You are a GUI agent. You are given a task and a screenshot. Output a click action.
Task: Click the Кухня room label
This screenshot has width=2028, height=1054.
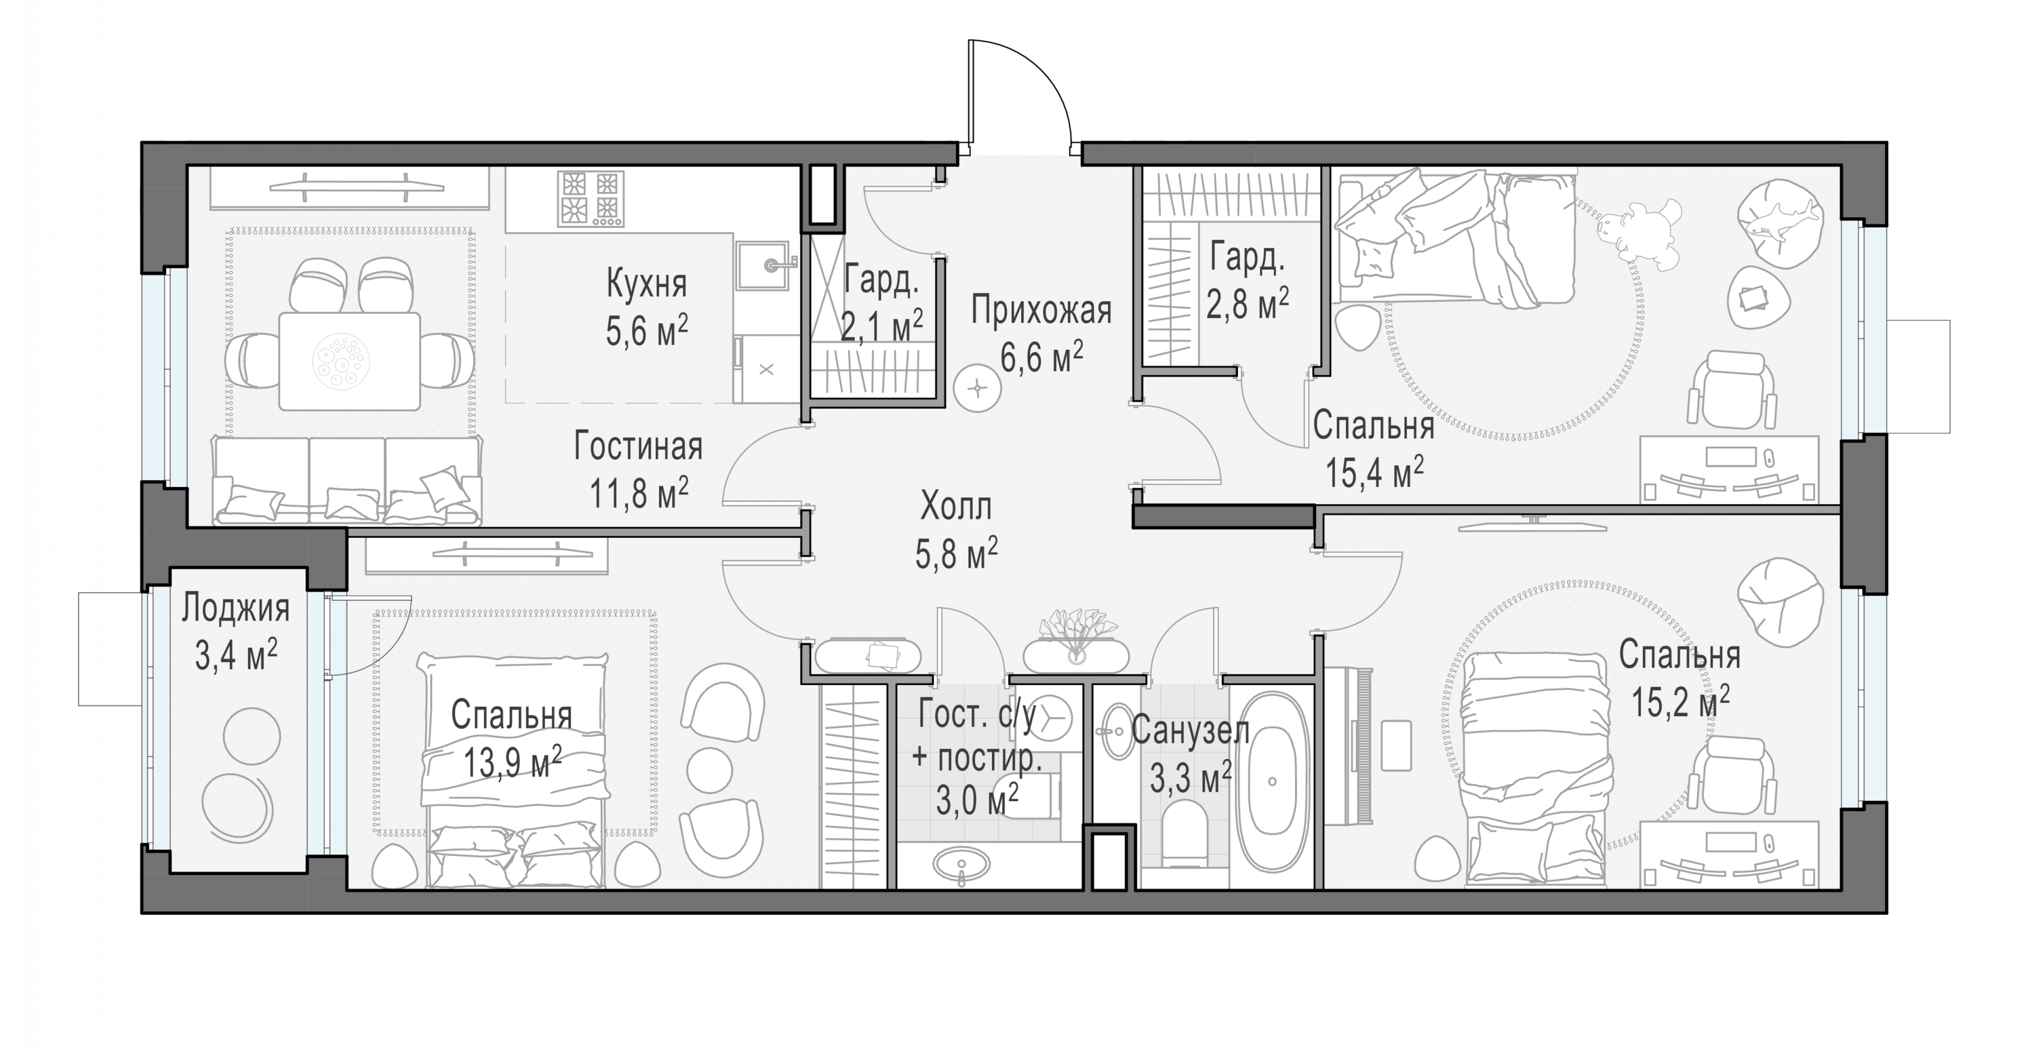(x=646, y=284)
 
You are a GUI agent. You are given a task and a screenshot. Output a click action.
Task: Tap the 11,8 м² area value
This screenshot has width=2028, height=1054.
(x=638, y=493)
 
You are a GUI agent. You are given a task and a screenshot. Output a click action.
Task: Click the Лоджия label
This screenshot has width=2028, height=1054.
(x=236, y=609)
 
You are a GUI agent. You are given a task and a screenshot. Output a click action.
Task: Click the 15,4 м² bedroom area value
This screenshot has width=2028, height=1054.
(x=1374, y=473)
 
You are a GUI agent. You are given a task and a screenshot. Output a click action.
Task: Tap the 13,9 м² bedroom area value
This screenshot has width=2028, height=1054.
(x=512, y=762)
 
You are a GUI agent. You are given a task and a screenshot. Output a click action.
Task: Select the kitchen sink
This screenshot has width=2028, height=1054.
(x=763, y=265)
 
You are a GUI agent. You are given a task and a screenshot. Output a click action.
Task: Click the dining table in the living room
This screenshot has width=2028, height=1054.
(x=349, y=362)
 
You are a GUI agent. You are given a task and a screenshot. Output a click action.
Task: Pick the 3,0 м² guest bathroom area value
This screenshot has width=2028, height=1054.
(x=977, y=801)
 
